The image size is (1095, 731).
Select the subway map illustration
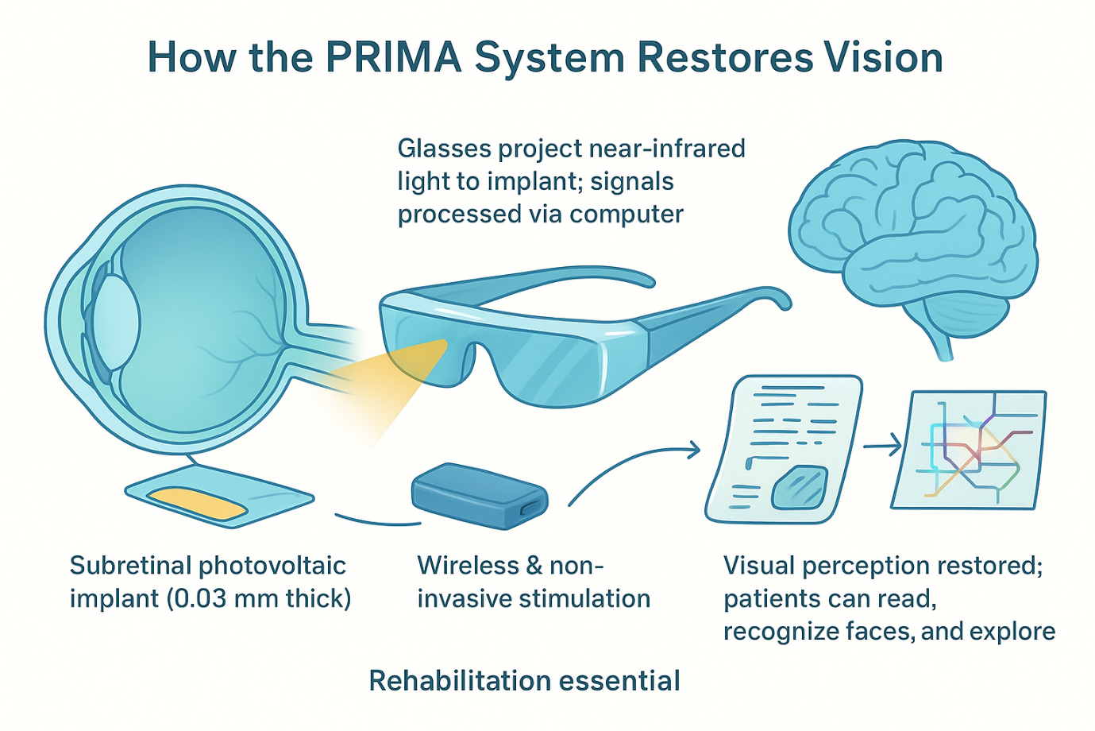tap(969, 450)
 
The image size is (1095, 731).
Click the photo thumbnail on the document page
tap(800, 487)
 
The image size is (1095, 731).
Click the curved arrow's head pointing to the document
tap(694, 451)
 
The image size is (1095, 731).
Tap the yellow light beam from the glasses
tap(397, 377)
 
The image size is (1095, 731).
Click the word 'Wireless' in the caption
tap(457, 565)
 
